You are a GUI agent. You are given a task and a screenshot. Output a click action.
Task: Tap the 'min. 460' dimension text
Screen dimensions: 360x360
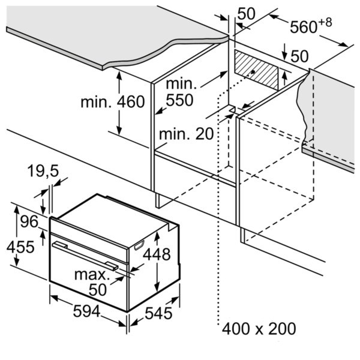113,102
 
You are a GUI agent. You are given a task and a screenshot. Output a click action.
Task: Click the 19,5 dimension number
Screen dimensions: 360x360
43,172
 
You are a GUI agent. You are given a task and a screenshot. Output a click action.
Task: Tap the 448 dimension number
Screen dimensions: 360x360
157,254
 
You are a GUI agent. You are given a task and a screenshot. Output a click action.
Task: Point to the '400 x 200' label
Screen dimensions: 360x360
259,329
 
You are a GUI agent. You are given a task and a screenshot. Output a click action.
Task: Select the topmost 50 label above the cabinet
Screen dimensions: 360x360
247,13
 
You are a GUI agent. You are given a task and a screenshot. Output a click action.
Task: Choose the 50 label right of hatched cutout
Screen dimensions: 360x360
299,56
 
